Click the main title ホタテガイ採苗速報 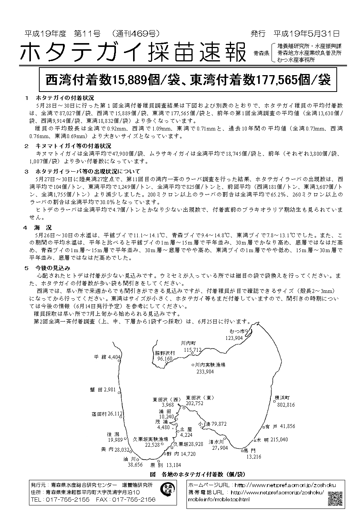click(x=132, y=52)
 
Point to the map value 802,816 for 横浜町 click(x=286, y=405)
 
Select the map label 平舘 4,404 click(x=108, y=357)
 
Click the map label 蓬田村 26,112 click(x=107, y=413)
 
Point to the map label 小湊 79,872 click(x=213, y=424)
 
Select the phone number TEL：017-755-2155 click(x=60, y=499)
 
